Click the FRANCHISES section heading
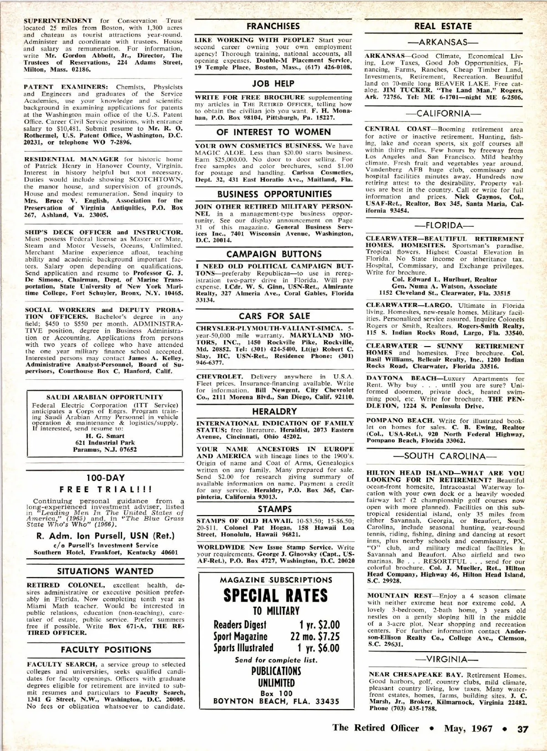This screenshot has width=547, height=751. coord(273,26)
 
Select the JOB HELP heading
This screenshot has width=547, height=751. coord(273,84)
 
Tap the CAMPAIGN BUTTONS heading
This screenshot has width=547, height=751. coord(274,254)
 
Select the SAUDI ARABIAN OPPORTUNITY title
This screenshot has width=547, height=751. coord(105,397)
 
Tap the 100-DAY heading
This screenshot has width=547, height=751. coord(105,478)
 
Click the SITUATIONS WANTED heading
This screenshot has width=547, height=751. coord(105,571)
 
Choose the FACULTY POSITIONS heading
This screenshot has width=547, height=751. coord(106,649)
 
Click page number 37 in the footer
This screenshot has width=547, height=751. coord(522,728)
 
